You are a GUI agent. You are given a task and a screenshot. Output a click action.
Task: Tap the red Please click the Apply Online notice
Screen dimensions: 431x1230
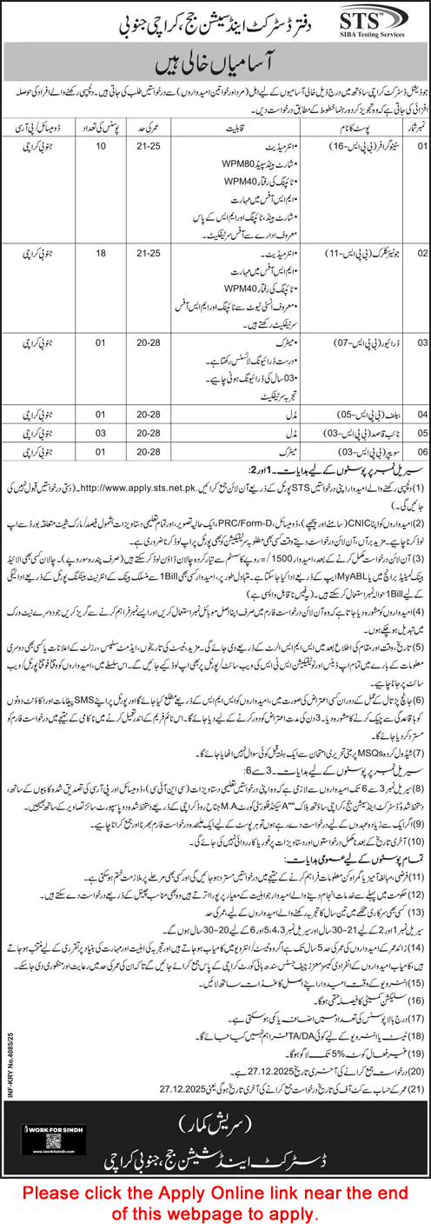coord(215,1200)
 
